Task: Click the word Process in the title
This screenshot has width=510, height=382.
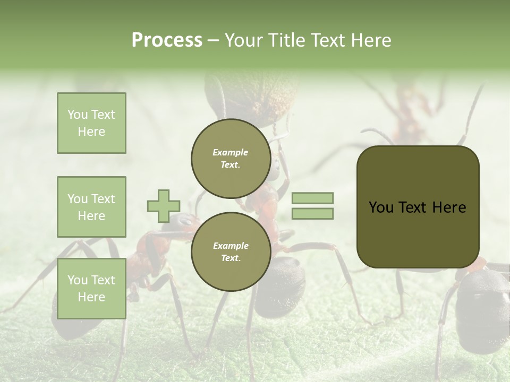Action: (167, 40)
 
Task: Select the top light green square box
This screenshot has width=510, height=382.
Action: (91, 123)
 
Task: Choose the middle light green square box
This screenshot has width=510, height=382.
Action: (91, 207)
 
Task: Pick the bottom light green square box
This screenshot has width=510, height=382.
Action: (91, 289)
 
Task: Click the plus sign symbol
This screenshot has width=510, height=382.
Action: (163, 206)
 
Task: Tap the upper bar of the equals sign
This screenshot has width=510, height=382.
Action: (312, 198)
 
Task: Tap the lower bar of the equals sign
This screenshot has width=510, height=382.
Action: (312, 214)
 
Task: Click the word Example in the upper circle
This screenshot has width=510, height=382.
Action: (231, 152)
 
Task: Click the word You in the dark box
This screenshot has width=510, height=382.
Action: (381, 207)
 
